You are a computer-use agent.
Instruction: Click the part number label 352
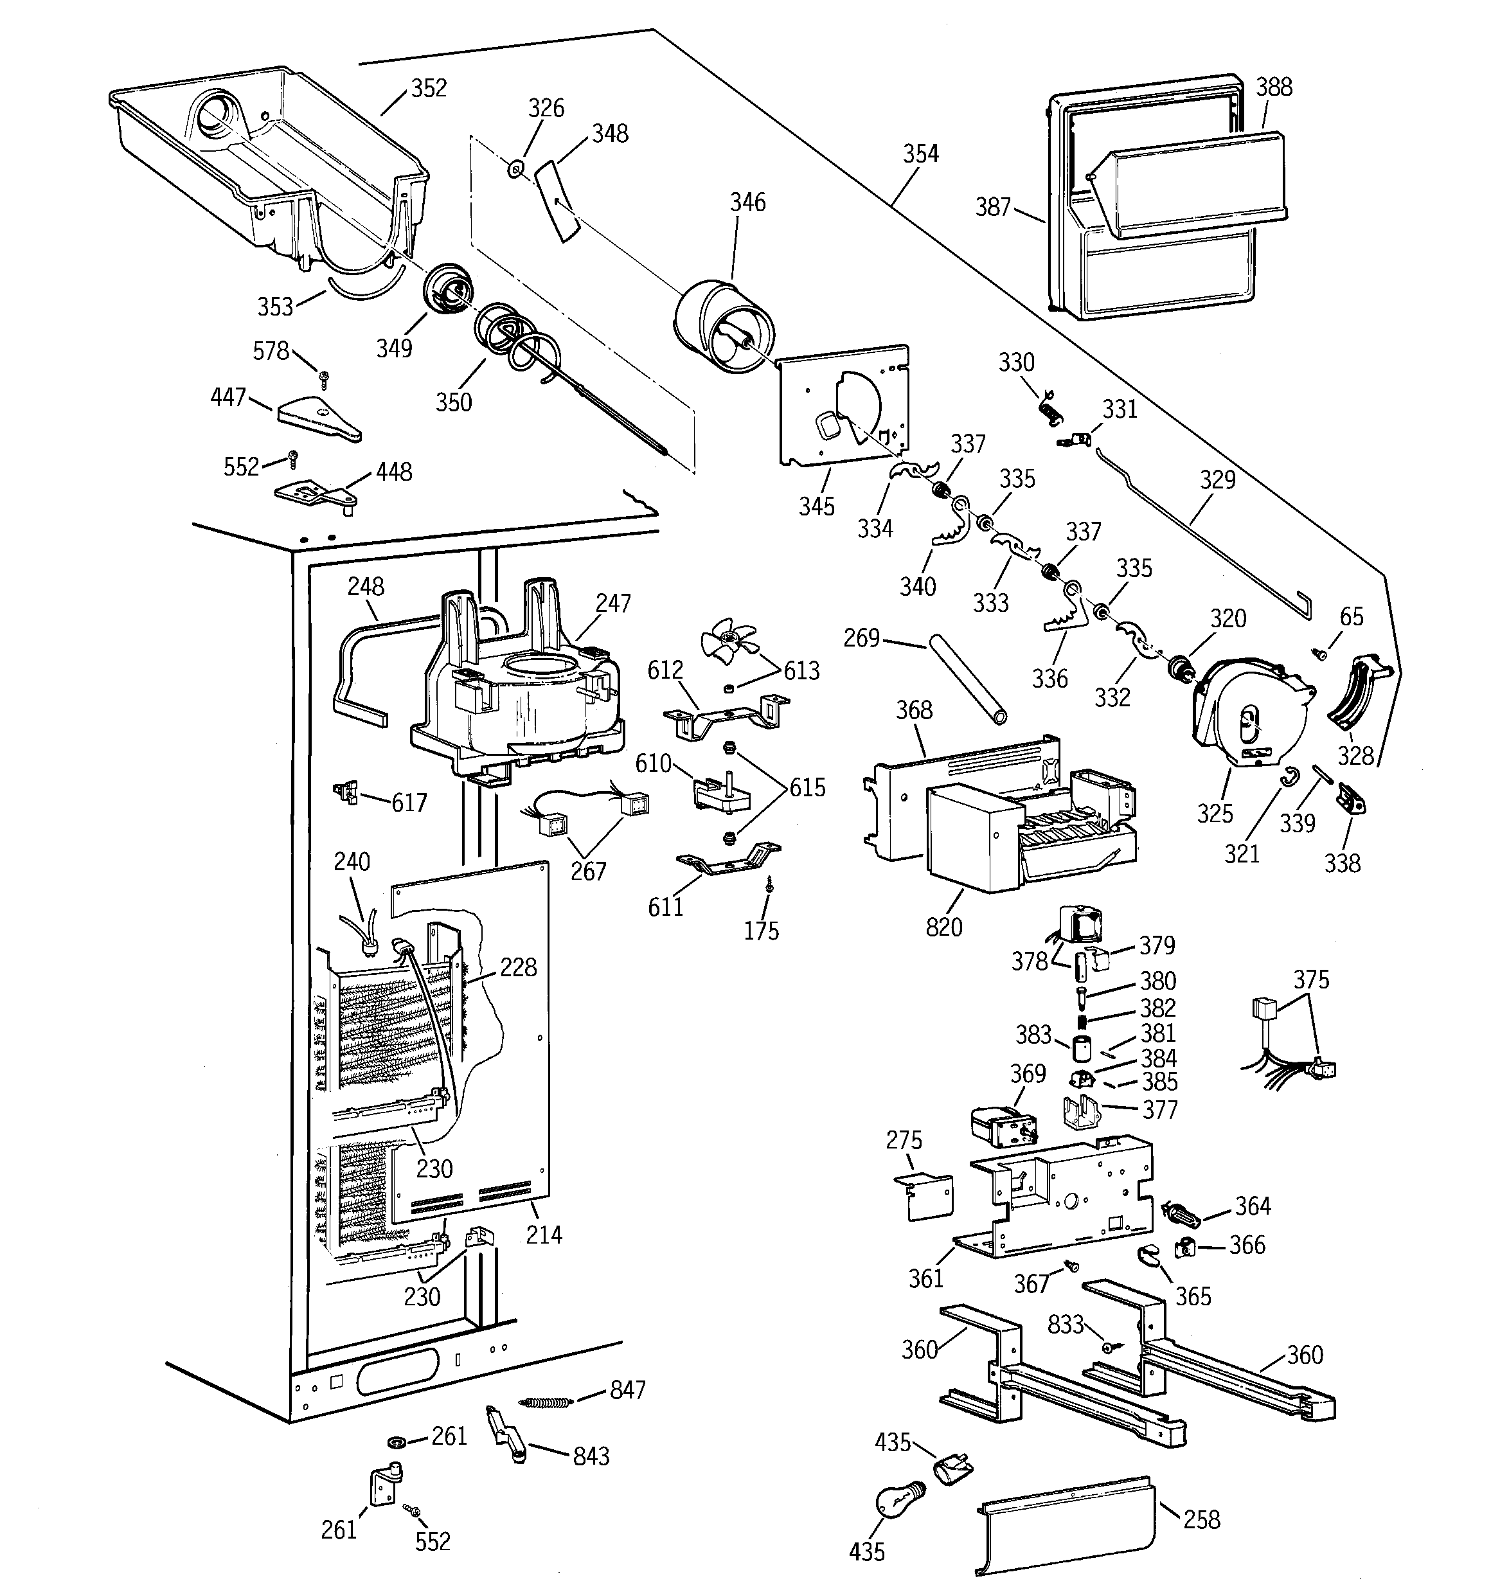click(429, 88)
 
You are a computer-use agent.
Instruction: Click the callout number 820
click(944, 927)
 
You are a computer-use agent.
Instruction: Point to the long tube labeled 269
click(967, 680)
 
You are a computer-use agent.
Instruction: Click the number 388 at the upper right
click(1273, 86)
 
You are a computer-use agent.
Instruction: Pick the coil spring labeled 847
click(546, 1402)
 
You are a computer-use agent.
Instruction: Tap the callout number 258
click(1201, 1519)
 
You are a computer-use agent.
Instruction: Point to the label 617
click(409, 802)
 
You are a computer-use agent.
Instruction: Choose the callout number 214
click(544, 1234)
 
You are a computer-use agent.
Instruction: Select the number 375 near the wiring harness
click(1311, 979)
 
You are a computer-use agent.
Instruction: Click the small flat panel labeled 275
click(922, 1197)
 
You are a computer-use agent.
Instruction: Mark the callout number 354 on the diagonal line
click(921, 154)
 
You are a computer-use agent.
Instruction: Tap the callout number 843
click(591, 1456)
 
